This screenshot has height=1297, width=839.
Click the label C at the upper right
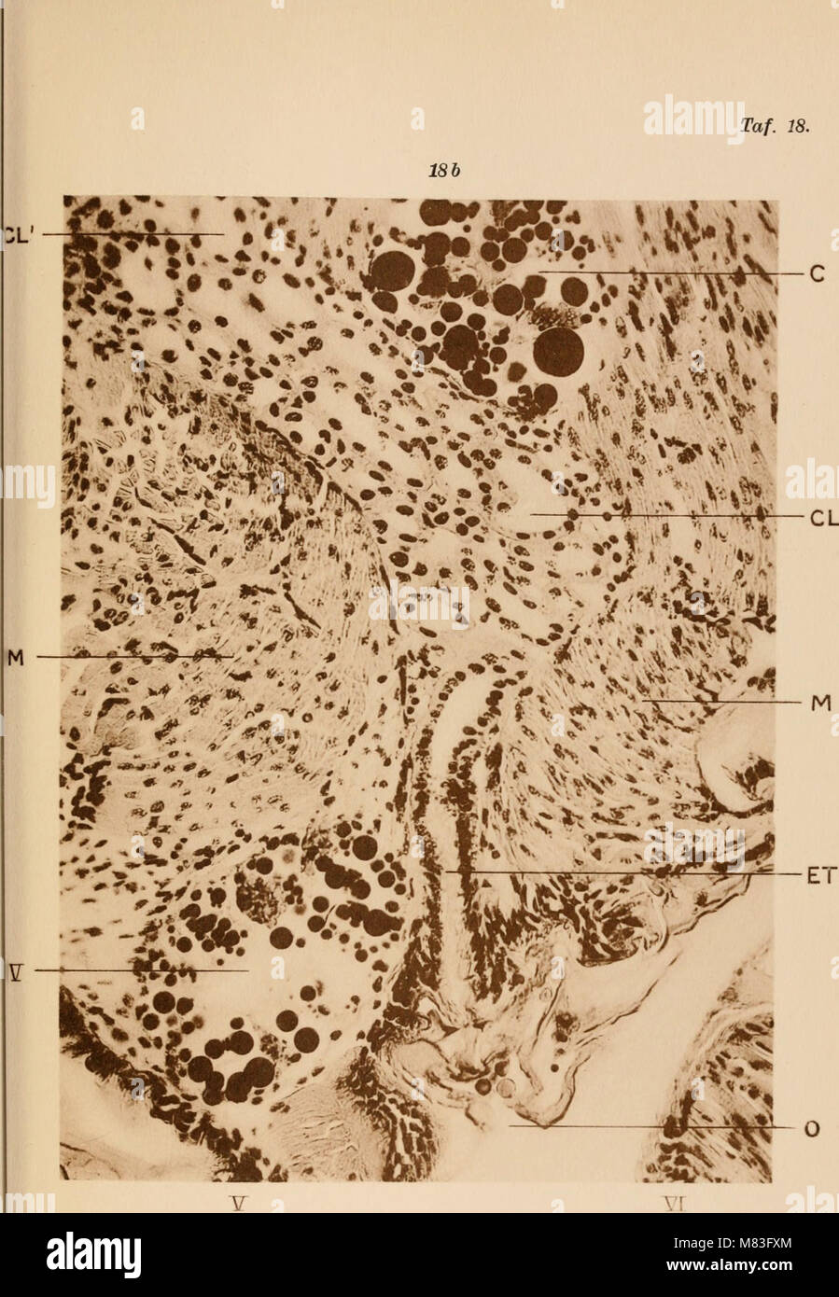tap(815, 274)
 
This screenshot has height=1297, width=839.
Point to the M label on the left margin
tap(14, 658)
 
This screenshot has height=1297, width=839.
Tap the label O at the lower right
tap(812, 1130)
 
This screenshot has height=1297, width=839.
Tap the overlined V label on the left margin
tap(13, 971)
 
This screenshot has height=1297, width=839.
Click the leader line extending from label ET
tap(616, 873)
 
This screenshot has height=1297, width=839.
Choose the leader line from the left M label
tap(131, 657)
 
